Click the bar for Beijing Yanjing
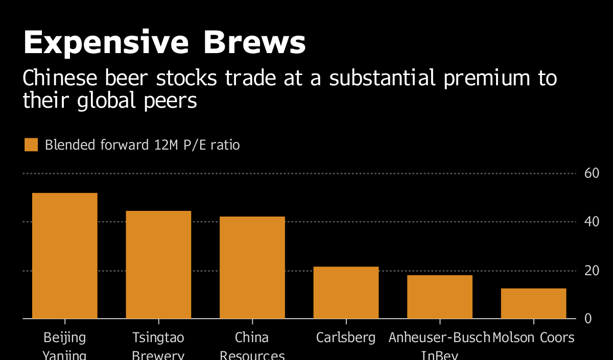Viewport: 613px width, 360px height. pyautogui.click(x=65, y=255)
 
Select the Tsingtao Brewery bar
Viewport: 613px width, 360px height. pyautogui.click(x=158, y=265)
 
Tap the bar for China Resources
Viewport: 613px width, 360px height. pyautogui.click(x=252, y=267)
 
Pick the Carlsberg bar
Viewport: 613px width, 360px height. pyautogui.click(x=346, y=292)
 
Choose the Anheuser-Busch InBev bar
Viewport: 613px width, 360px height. pyautogui.click(x=440, y=297)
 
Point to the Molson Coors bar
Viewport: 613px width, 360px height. pyautogui.click(x=533, y=303)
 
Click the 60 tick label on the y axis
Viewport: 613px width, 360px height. pyautogui.click(x=592, y=174)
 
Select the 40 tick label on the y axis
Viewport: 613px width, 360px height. pyautogui.click(x=592, y=222)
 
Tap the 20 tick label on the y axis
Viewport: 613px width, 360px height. pyautogui.click(x=592, y=271)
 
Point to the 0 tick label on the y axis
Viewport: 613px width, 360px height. pyautogui.click(x=588, y=319)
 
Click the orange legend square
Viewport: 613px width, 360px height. pyautogui.click(x=31, y=145)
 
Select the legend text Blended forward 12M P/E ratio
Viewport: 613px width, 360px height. pyautogui.click(x=142, y=145)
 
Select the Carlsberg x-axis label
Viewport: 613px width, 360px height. pyautogui.click(x=346, y=338)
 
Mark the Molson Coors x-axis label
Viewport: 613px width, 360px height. pyautogui.click(x=533, y=338)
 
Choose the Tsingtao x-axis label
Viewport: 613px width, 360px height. pyautogui.click(x=158, y=338)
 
